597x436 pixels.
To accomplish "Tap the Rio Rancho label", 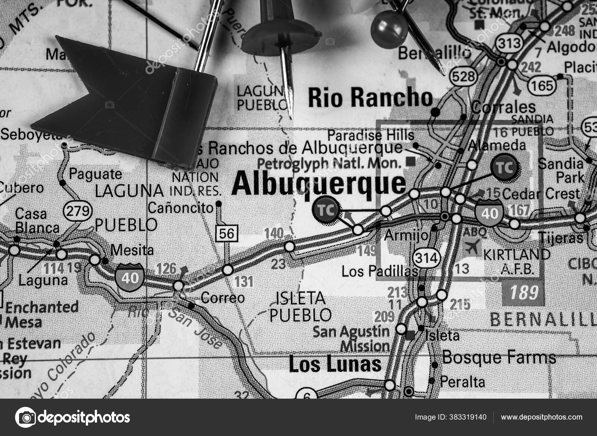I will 370,98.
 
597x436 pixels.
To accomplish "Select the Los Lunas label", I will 335,364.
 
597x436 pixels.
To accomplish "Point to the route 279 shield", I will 78,211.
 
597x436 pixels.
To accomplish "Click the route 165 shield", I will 542,86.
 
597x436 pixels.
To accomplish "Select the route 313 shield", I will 510,43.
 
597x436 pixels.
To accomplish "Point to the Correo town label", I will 223,298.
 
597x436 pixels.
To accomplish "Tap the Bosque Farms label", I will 499,358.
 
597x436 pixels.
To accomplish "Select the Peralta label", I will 463,382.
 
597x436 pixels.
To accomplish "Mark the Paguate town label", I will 96,174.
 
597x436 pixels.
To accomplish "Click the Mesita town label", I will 132,250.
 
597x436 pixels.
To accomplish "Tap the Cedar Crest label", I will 541,194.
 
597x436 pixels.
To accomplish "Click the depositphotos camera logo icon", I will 25,417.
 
